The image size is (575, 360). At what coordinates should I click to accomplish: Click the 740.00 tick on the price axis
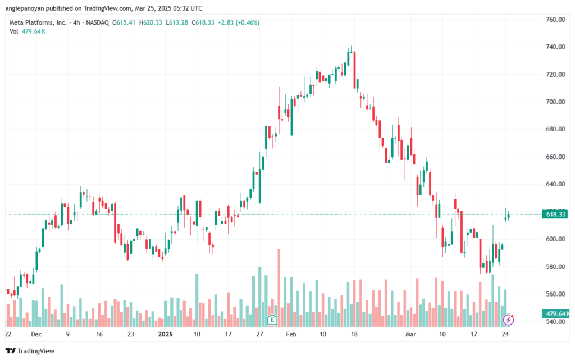[x=555, y=47]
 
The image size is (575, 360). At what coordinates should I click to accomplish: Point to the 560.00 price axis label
[x=555, y=294]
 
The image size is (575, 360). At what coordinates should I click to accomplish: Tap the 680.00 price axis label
[x=555, y=129]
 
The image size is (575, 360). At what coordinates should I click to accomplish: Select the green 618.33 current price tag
[x=556, y=214]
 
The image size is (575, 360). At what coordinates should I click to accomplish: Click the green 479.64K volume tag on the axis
[x=556, y=314]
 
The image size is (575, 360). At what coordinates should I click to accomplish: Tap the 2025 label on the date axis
[x=165, y=334]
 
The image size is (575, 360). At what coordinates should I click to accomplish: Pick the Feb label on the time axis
[x=291, y=334]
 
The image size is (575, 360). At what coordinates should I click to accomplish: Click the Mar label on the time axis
[x=410, y=334]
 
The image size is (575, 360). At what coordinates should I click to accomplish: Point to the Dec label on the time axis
[x=36, y=334]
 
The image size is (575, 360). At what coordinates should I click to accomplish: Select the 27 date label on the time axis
[x=259, y=334]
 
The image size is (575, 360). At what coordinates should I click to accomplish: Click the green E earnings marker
[x=272, y=320]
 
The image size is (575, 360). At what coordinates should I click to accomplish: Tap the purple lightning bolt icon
[x=508, y=320]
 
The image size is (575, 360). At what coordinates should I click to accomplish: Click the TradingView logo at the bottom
[x=30, y=351]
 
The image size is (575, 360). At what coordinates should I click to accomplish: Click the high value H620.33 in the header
[x=150, y=22]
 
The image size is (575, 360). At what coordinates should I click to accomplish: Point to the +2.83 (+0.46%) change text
[x=239, y=22]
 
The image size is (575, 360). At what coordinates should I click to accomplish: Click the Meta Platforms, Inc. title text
[x=38, y=22]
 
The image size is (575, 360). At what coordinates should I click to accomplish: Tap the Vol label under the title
[x=13, y=31]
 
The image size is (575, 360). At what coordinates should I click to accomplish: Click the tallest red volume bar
[x=279, y=288]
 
